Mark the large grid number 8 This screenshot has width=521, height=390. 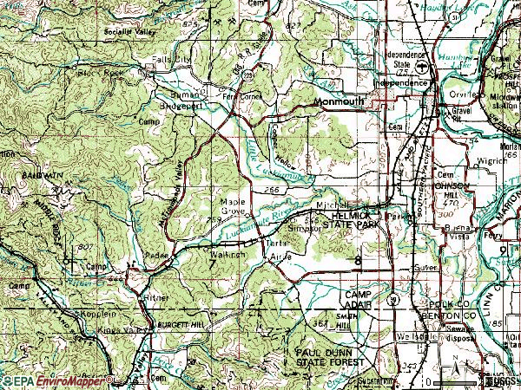coord(358,260)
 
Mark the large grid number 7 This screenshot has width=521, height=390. coord(214,265)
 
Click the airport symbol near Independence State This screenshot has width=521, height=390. coord(419,68)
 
